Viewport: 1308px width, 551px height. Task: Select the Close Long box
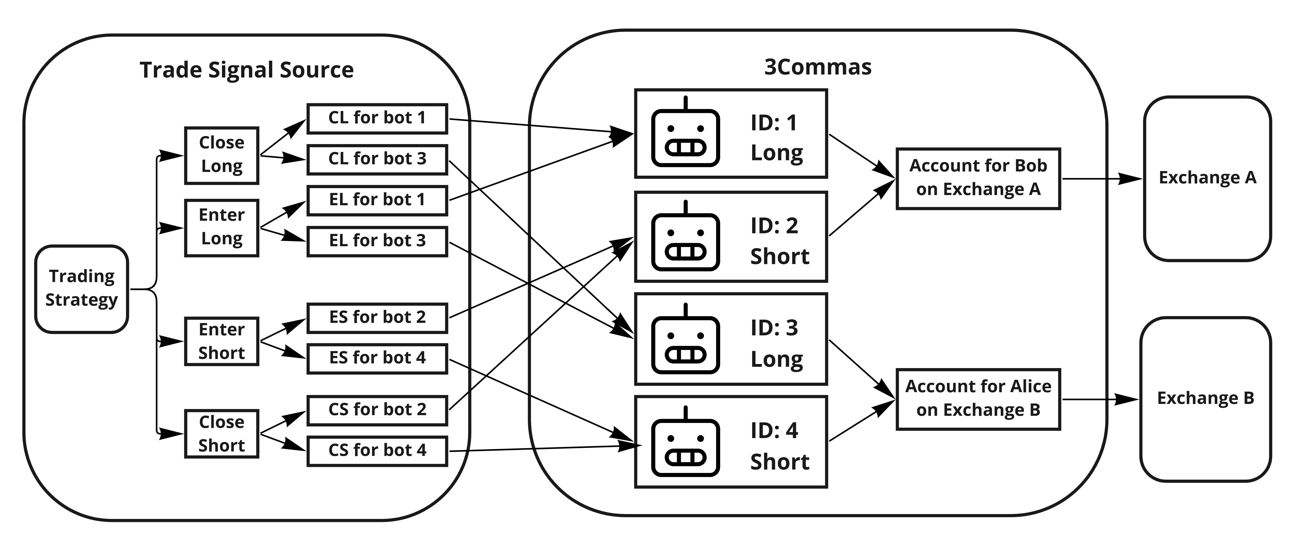pyautogui.click(x=221, y=155)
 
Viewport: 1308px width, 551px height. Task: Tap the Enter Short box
pyautogui.click(x=221, y=341)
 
